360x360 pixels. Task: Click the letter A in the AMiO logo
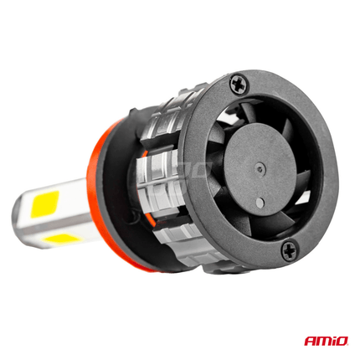309,342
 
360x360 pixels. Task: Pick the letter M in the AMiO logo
322,342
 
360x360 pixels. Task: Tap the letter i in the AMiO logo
333,342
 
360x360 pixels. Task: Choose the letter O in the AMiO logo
343,342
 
